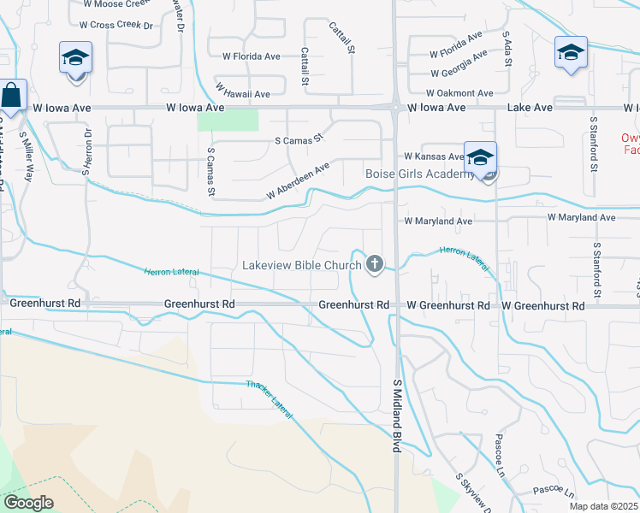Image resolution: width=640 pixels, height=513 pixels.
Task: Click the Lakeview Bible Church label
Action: [x=302, y=265]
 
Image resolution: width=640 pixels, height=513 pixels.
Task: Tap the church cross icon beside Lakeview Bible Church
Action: [x=374, y=264]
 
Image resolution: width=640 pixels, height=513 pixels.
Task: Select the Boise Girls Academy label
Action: [x=419, y=174]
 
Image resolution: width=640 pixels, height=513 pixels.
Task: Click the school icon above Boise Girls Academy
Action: [x=480, y=157]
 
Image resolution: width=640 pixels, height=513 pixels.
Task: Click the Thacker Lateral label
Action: [x=270, y=399]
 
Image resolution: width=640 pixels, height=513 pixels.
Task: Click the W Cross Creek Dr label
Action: [x=121, y=25]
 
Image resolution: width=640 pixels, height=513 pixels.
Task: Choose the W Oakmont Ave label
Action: [x=461, y=93]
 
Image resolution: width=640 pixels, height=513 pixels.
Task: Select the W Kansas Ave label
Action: [x=433, y=157]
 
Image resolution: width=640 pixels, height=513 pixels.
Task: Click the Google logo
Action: [x=28, y=503]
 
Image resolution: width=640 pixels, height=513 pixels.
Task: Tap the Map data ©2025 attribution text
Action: [x=603, y=506]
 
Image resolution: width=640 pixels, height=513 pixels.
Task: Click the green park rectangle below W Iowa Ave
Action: [x=228, y=120]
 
